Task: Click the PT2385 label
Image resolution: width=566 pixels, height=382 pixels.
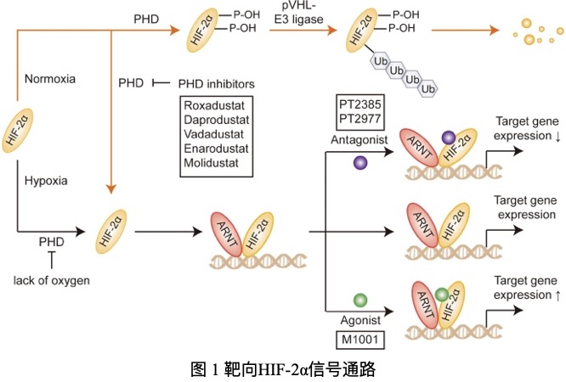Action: tap(355, 104)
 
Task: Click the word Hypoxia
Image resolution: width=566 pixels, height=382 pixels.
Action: tap(47, 180)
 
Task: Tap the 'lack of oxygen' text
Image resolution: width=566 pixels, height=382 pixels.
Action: tap(52, 279)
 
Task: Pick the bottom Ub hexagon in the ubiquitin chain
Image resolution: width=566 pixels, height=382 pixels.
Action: tap(429, 88)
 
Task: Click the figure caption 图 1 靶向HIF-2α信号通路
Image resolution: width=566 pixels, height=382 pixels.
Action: tap(283, 369)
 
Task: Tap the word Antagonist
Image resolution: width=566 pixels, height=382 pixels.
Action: tap(356, 138)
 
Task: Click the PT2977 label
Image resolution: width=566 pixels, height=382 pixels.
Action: tap(355, 117)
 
